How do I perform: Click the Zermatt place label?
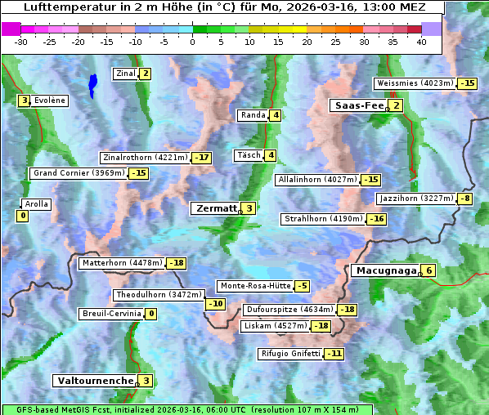(x=215, y=208)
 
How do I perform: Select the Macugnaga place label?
(x=384, y=270)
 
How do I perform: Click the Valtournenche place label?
(x=93, y=381)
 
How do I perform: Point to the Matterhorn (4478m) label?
(x=121, y=263)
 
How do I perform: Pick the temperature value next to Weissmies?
(x=467, y=83)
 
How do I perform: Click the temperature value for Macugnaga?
(x=429, y=271)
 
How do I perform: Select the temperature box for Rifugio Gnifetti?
(x=334, y=354)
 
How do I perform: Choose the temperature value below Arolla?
(x=22, y=216)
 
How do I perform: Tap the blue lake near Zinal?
(x=92, y=84)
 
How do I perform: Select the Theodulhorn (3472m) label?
(x=158, y=295)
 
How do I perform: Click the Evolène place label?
(x=50, y=100)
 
